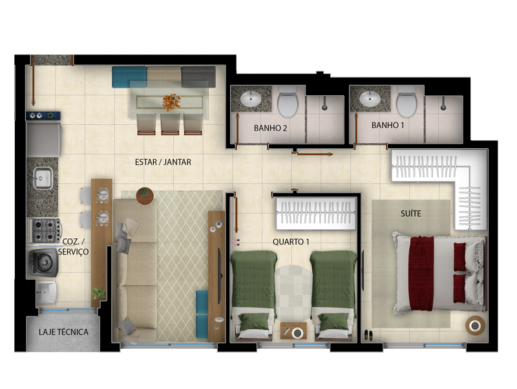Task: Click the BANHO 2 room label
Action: pyautogui.click(x=270, y=128)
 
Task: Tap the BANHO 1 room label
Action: pyautogui.click(x=388, y=124)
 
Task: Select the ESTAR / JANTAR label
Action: pyautogui.click(x=164, y=162)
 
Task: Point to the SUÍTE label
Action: pyautogui.click(x=412, y=212)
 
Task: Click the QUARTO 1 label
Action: pyautogui.click(x=291, y=242)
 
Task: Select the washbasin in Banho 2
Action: pyautogui.click(x=250, y=99)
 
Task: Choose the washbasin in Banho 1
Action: pyautogui.click(x=370, y=98)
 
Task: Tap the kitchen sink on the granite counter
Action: pyautogui.click(x=43, y=177)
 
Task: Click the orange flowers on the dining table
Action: pyautogui.click(x=171, y=101)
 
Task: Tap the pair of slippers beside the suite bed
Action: pyautogui.click(x=368, y=335)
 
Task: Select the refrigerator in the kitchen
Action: pyautogui.click(x=43, y=138)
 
